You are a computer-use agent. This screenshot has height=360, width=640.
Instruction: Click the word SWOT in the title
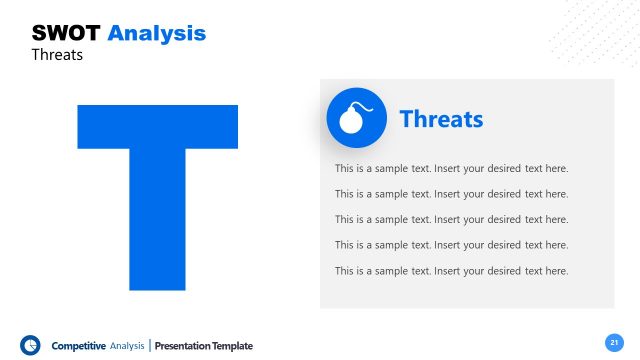tap(66, 33)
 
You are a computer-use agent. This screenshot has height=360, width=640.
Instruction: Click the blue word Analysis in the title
tap(156, 33)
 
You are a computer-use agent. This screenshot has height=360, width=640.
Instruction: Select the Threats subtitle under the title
tap(57, 55)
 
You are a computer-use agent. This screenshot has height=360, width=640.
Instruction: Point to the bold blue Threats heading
tap(441, 119)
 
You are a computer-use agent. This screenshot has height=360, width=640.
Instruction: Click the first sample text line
tap(451, 168)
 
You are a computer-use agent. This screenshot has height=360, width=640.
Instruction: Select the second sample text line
tap(451, 194)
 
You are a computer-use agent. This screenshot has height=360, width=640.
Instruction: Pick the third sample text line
tap(451, 219)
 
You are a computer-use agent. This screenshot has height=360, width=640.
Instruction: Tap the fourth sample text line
tap(451, 245)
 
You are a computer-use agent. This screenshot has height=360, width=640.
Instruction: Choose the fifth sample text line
tap(451, 271)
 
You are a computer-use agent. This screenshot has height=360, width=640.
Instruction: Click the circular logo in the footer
tap(30, 345)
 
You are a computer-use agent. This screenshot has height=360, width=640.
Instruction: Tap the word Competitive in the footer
tap(78, 346)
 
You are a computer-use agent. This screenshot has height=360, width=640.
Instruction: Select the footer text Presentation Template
tap(204, 346)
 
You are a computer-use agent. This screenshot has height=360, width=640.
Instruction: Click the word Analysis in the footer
tap(127, 346)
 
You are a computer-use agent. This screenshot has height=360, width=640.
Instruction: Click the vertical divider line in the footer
tap(150, 346)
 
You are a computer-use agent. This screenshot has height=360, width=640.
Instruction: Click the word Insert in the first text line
tap(450, 168)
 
